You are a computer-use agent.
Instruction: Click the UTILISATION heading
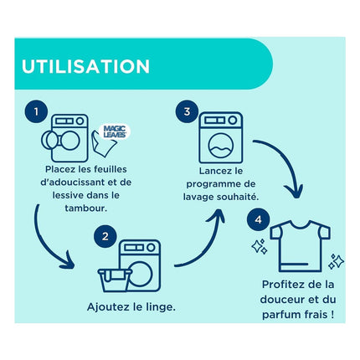(x=85, y=66)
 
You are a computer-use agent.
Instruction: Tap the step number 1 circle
(x=36, y=111)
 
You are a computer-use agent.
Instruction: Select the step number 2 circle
(x=105, y=237)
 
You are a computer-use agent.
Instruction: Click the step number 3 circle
(x=187, y=111)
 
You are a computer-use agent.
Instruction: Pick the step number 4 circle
(x=258, y=219)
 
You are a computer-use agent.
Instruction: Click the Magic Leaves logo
(x=115, y=131)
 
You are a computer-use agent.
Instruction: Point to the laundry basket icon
(x=115, y=280)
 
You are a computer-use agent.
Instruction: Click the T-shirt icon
(x=300, y=245)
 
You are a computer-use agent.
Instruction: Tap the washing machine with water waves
(x=221, y=137)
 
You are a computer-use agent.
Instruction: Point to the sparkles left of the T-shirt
(x=259, y=246)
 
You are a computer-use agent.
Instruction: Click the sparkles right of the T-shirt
(x=336, y=261)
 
